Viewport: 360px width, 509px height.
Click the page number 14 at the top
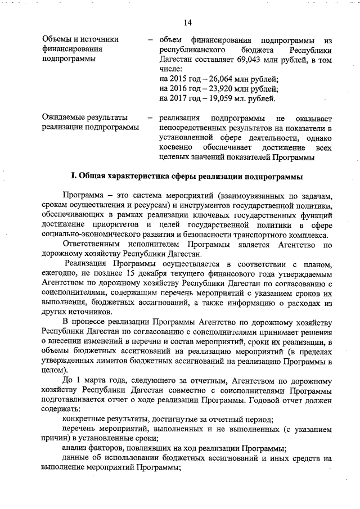[x=187, y=22]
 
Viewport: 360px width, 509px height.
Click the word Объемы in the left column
[x=58, y=39]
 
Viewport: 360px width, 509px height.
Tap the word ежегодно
[x=62, y=274]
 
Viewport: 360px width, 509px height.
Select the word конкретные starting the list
[x=84, y=420]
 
